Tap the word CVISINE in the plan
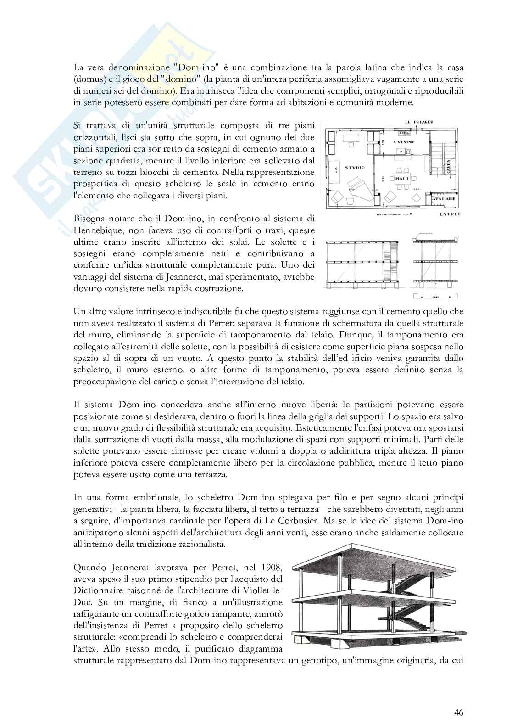405,142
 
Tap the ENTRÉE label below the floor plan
450,214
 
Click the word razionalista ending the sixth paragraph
202,544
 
